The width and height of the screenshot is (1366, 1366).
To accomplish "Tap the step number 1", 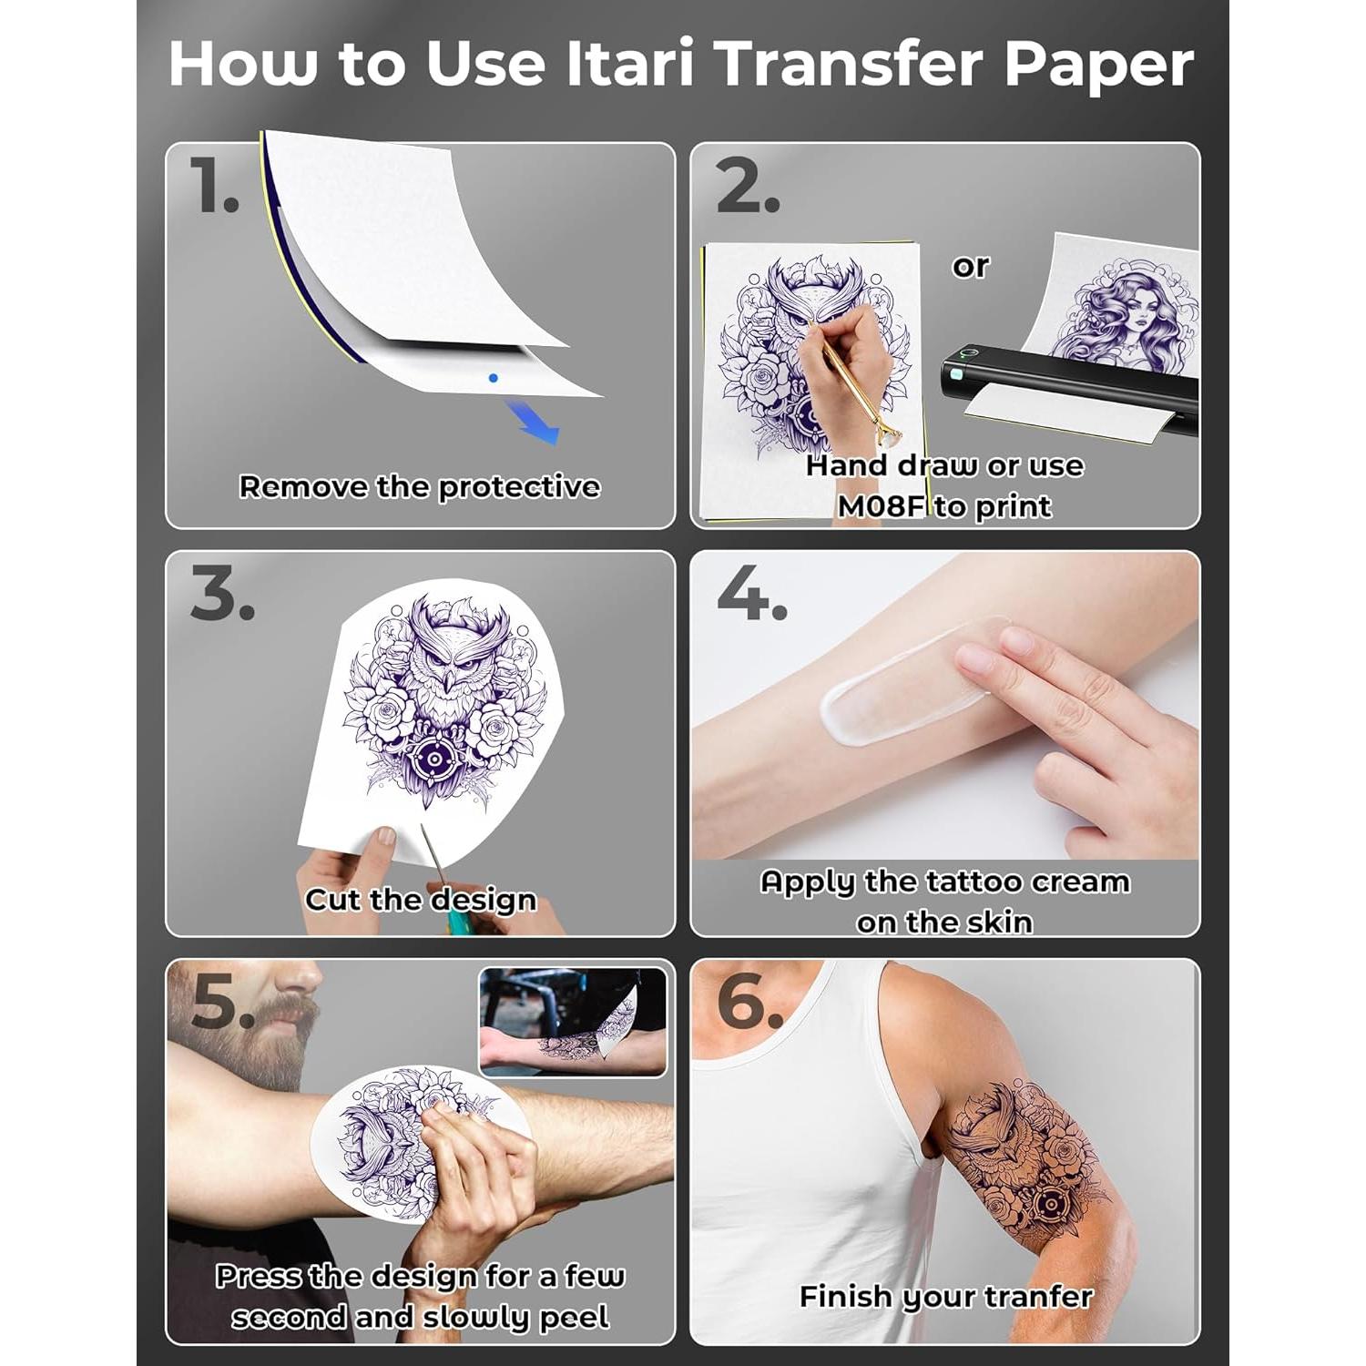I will (x=214, y=185).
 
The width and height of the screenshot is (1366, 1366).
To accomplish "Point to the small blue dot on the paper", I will (x=493, y=377).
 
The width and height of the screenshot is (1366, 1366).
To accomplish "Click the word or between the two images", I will (x=970, y=266).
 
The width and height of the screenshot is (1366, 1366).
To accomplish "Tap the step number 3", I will (x=222, y=594).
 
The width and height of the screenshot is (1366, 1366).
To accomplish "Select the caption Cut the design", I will (x=421, y=900).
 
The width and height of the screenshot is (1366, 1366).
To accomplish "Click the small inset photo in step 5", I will (x=573, y=1022).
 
